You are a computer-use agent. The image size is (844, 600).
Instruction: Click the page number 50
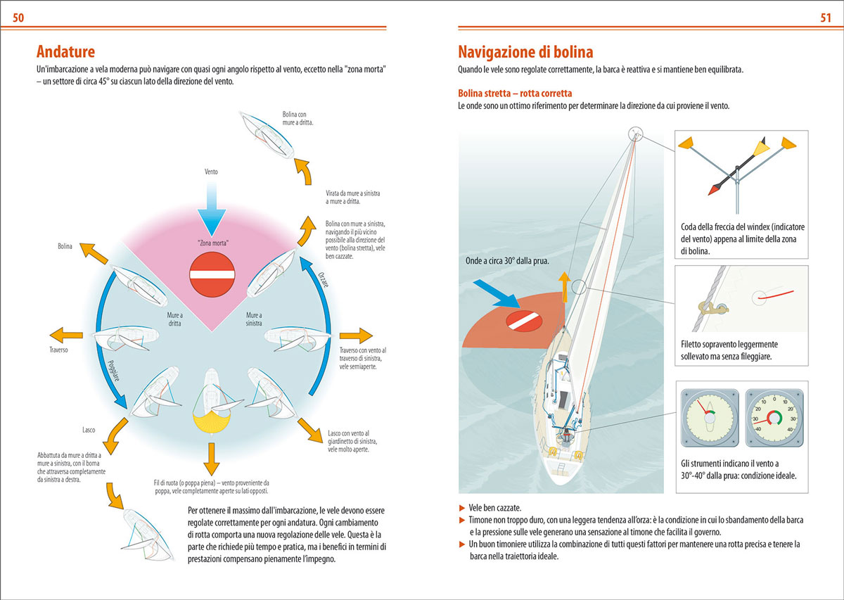19,18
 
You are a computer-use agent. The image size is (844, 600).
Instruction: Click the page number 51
826,18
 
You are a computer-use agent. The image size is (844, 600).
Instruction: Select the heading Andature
65,51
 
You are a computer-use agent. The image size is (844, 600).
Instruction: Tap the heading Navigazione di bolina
525,51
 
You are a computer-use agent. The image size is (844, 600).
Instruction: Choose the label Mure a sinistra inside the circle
254,319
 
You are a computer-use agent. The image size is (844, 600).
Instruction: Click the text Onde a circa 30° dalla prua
507,260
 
